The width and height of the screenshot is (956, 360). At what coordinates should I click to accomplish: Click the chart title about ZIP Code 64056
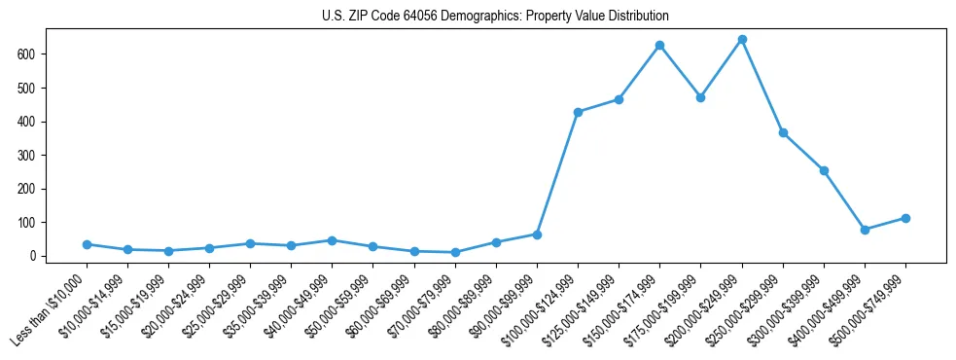495,17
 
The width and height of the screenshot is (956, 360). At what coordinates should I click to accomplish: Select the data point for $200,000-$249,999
742,40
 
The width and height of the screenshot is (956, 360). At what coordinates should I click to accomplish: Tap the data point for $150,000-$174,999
659,46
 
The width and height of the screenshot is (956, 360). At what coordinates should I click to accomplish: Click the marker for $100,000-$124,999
578,112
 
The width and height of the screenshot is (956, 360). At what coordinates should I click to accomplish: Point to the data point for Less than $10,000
87,244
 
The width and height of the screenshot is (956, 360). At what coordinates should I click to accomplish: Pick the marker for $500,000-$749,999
905,218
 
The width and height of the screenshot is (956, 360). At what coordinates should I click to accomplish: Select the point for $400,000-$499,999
865,230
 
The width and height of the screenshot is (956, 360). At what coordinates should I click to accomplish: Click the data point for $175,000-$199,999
700,98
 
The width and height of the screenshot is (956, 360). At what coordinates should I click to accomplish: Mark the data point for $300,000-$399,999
824,170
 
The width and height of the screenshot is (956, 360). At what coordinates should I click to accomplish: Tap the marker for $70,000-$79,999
455,252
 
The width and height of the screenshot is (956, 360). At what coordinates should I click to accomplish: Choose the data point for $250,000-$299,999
783,132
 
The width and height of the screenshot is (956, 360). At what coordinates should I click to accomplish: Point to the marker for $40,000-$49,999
332,240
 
